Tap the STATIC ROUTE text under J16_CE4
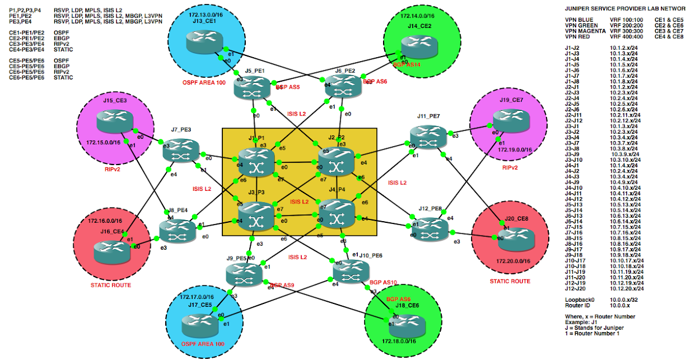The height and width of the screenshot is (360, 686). point(111,285)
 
